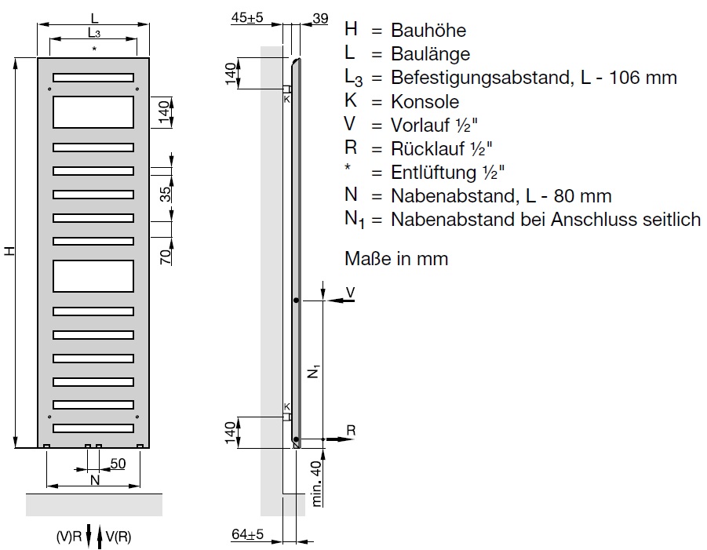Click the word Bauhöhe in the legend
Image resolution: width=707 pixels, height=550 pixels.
[x=428, y=30]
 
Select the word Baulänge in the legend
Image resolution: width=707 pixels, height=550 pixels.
[x=430, y=53]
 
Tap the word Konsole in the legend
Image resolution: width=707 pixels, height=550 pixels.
[x=425, y=101]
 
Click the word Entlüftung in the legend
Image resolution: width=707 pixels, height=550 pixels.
[x=433, y=172]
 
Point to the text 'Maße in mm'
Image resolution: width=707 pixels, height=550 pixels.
[x=396, y=259]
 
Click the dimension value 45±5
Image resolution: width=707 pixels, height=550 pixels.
[x=247, y=17]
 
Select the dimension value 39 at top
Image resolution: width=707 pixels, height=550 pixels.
[x=320, y=19]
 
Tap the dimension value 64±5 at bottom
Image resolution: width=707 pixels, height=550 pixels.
[x=247, y=534]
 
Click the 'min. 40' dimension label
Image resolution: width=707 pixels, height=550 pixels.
[x=316, y=483]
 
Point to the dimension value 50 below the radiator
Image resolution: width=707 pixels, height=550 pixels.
[x=118, y=464]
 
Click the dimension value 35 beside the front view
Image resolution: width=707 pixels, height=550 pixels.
[x=166, y=194]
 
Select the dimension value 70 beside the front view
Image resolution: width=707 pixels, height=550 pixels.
[x=166, y=257]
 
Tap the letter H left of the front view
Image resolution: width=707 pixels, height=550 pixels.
[x=9, y=251]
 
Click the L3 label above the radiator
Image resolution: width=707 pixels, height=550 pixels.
[x=94, y=32]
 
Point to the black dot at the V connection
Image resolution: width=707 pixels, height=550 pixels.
[x=297, y=300]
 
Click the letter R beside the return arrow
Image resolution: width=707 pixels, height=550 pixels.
[x=351, y=430]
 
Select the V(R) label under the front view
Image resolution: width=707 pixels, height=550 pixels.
[x=118, y=537]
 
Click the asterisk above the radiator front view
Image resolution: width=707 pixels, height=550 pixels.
[x=94, y=48]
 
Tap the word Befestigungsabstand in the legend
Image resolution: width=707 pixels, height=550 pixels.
[x=482, y=78]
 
